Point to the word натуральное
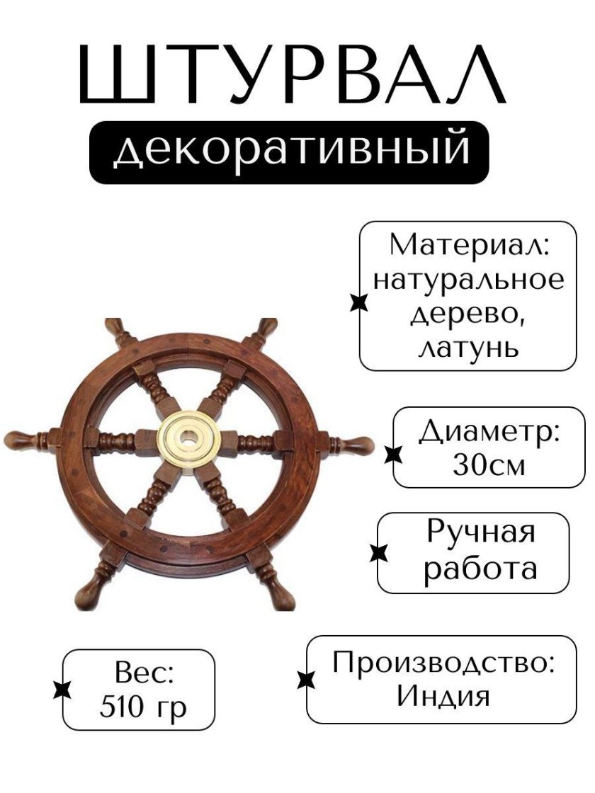click(x=469, y=280)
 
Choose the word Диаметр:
click(x=489, y=430)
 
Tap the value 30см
click(x=489, y=464)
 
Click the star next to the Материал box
click(x=360, y=303)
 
